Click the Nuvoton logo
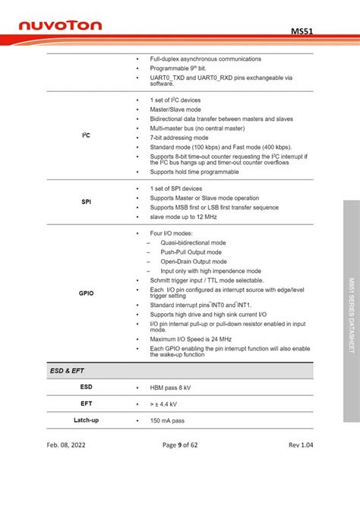60,27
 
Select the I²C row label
86,136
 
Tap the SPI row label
86,202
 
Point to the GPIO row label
86,292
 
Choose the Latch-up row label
86,420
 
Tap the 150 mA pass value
168,420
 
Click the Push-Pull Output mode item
191,252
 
